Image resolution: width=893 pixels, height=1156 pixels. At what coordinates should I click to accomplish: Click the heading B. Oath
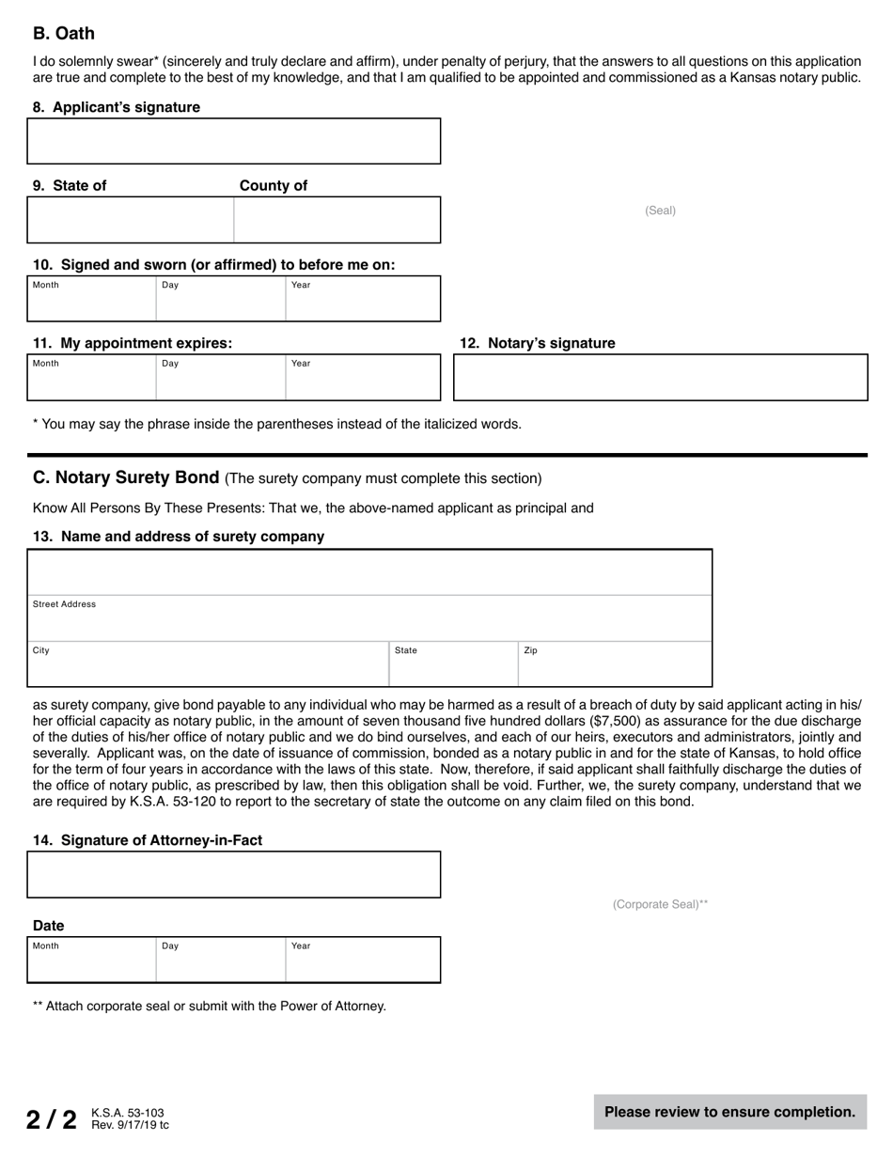pyautogui.click(x=64, y=34)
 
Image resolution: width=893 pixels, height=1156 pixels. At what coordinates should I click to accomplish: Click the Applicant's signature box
pyautogui.click(x=234, y=141)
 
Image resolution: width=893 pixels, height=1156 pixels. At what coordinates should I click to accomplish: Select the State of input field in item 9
pyautogui.click(x=131, y=220)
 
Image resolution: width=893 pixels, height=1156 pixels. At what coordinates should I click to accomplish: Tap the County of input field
pyautogui.click(x=337, y=220)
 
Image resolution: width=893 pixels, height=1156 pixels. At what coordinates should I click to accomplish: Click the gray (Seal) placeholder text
pyautogui.click(x=660, y=211)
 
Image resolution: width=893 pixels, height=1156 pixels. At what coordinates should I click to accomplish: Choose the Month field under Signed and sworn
pyautogui.click(x=91, y=299)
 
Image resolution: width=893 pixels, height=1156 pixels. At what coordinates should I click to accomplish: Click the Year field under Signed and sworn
pyautogui.click(x=362, y=299)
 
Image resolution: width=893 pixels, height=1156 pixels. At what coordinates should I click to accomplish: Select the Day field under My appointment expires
pyautogui.click(x=220, y=377)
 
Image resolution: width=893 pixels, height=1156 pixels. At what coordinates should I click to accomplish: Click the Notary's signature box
pyautogui.click(x=660, y=377)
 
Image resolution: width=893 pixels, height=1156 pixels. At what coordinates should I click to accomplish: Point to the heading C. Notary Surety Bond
pyautogui.click(x=126, y=477)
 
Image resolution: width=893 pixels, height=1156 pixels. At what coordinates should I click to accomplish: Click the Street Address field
pyautogui.click(x=370, y=618)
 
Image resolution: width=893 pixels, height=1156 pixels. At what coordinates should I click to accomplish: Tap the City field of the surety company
pyautogui.click(x=209, y=664)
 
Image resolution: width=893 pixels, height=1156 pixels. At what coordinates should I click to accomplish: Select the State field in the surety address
pyautogui.click(x=453, y=664)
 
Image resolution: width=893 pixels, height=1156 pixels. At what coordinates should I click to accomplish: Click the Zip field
pyautogui.click(x=615, y=664)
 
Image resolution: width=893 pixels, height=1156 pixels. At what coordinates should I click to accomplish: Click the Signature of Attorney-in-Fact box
pyautogui.click(x=234, y=875)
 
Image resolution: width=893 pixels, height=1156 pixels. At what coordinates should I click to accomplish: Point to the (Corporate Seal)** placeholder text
pyautogui.click(x=660, y=904)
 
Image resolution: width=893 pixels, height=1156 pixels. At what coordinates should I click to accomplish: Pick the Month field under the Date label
pyautogui.click(x=91, y=960)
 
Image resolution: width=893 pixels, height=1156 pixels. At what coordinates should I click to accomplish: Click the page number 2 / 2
pyautogui.click(x=51, y=1119)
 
